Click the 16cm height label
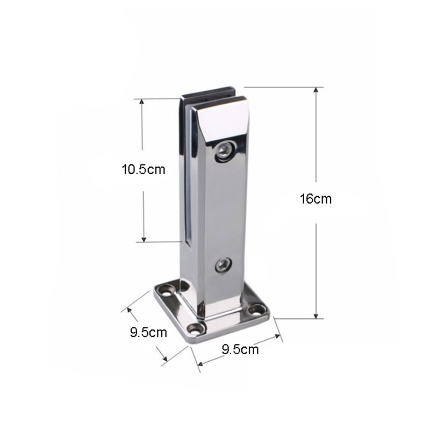click(x=316, y=198)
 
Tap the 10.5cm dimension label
click(x=144, y=169)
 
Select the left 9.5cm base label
click(x=148, y=332)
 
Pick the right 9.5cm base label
click(x=240, y=350)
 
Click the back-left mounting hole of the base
click(x=168, y=291)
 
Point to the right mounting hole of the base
click(x=256, y=310)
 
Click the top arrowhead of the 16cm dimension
click(x=316, y=90)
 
